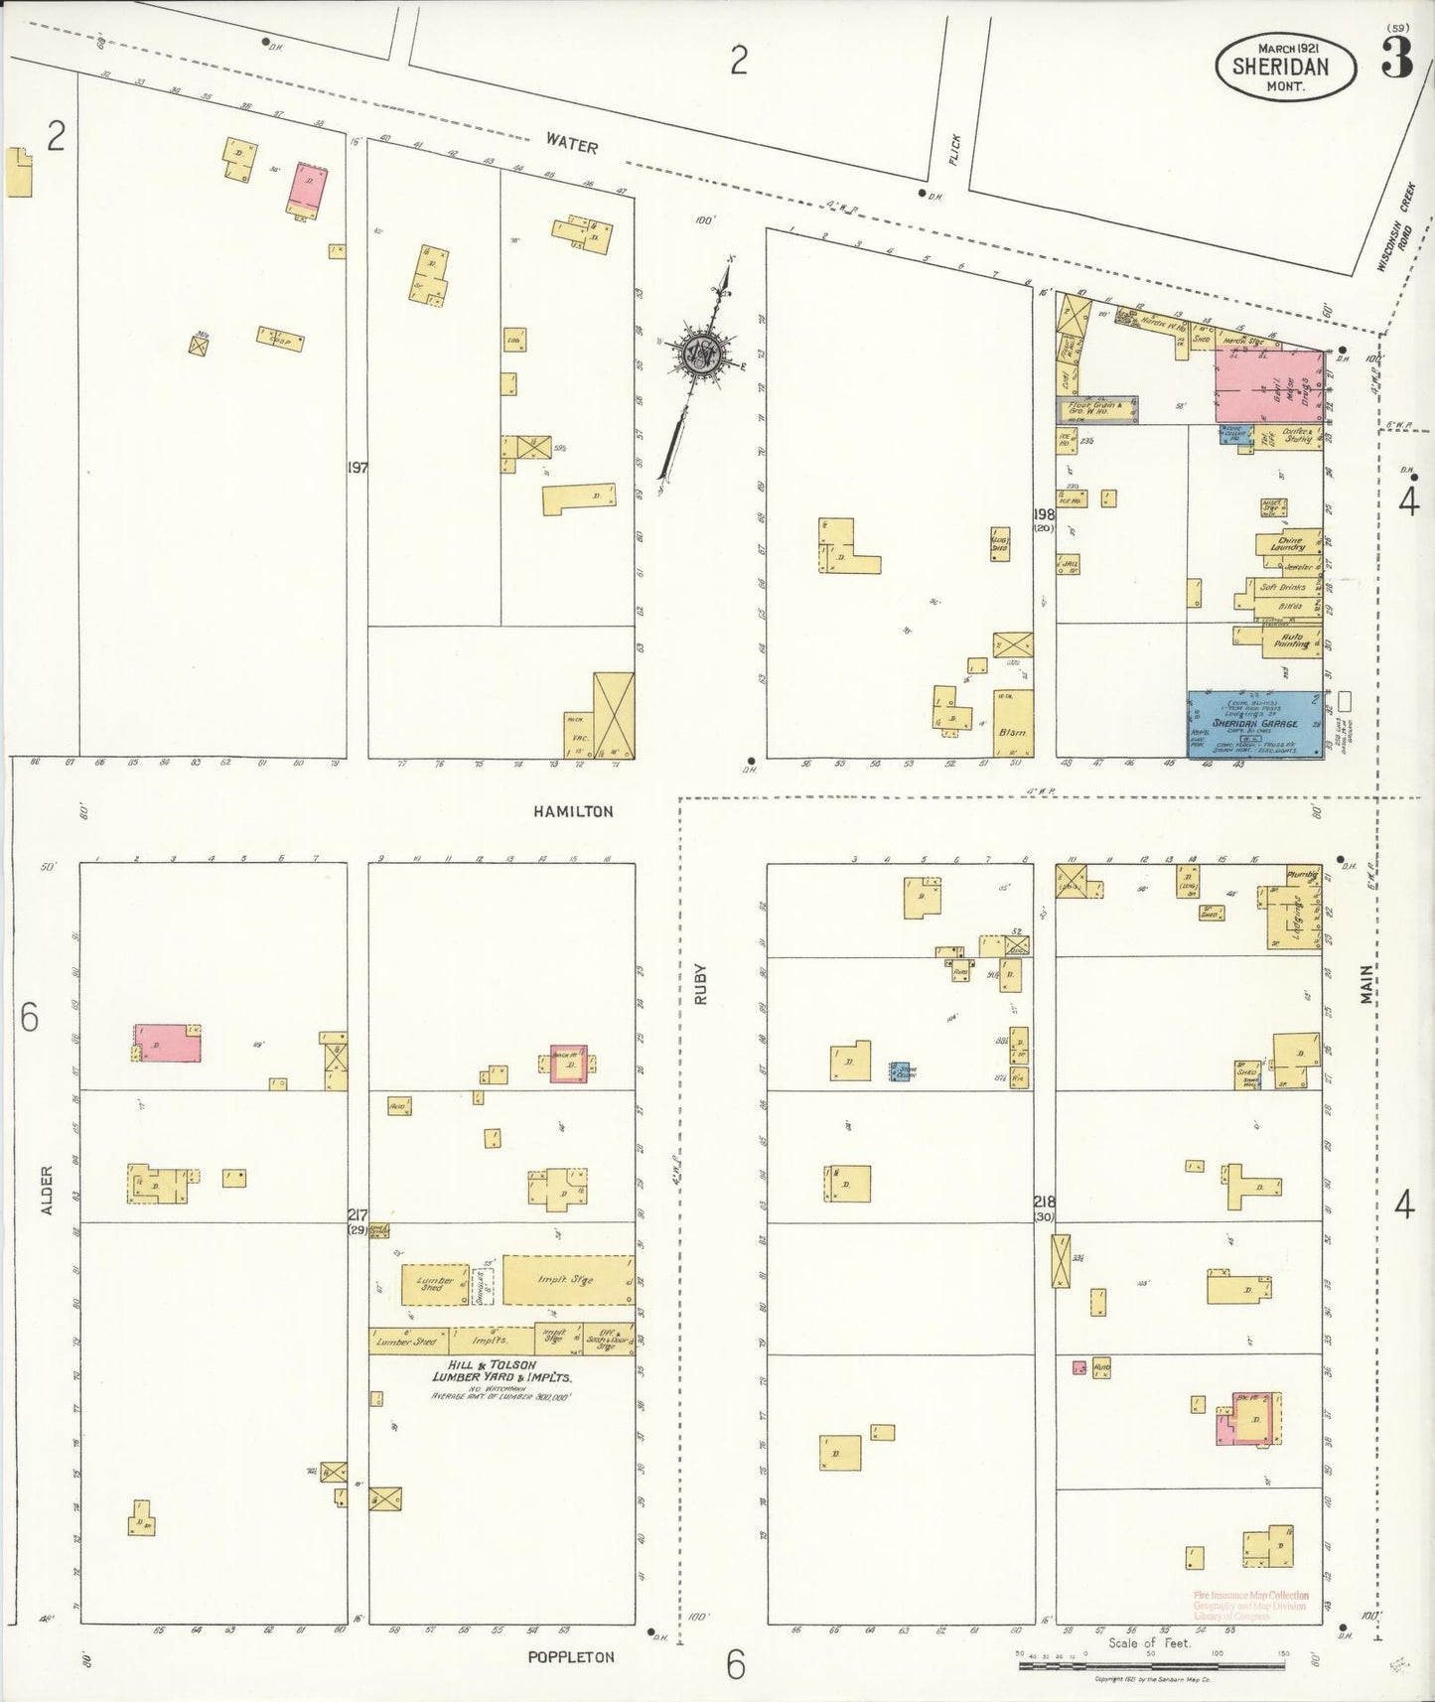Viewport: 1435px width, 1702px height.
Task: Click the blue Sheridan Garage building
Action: point(1255,724)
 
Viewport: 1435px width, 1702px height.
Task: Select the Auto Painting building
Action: point(1291,639)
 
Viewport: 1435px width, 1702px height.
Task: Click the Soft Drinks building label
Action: point(1282,587)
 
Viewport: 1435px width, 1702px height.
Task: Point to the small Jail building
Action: point(1070,564)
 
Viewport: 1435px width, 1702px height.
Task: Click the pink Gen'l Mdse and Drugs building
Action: point(1269,385)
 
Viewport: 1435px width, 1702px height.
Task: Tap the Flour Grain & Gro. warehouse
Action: point(1095,408)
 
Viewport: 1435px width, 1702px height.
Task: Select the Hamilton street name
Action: point(573,811)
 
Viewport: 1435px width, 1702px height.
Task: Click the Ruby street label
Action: point(700,984)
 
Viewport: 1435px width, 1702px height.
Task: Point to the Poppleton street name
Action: point(571,1657)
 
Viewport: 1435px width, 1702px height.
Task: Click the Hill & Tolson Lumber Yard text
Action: point(500,1371)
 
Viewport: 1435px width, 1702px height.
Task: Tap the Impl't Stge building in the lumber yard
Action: point(567,1280)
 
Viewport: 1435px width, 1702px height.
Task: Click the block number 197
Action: point(358,467)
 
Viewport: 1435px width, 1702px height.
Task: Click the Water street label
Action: point(571,145)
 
